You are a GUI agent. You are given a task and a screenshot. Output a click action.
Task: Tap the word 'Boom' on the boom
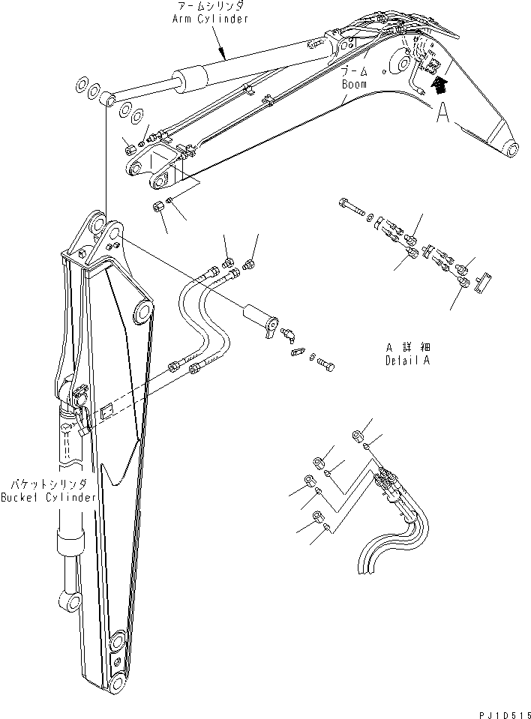354,85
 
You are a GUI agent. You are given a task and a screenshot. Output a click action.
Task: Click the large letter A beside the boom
444,112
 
